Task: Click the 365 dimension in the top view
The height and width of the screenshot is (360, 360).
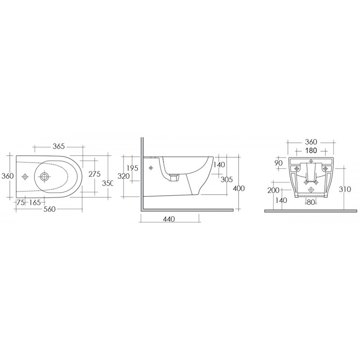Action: [x=59, y=146]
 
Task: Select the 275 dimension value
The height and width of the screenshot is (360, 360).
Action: [x=94, y=174]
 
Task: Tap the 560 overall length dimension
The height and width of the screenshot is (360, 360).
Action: [x=49, y=209]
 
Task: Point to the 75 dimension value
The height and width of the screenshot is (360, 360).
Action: [x=21, y=202]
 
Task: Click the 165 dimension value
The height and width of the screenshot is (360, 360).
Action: [x=35, y=202]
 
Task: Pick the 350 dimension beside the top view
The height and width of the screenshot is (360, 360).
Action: [x=108, y=183]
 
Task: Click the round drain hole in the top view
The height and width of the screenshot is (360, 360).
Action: [x=45, y=176]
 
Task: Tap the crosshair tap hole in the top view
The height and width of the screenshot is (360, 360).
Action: [x=25, y=176]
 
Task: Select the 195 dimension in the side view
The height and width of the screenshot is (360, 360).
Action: [x=132, y=168]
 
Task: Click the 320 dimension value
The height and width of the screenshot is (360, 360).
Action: [x=124, y=176]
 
